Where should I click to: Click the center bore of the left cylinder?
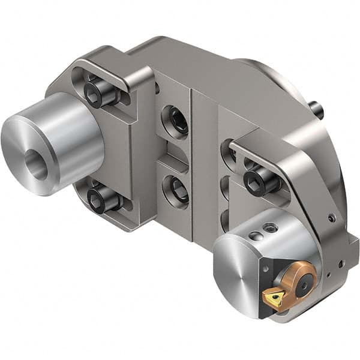[x=35, y=164]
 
